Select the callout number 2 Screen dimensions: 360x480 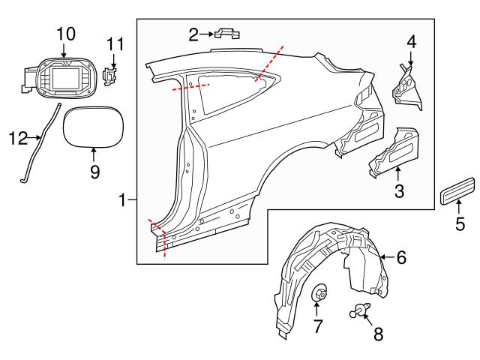tap(193, 34)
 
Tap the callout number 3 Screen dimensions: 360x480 tap(399, 191)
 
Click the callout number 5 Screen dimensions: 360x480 tap(460, 223)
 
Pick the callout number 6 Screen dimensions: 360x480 tap(401, 257)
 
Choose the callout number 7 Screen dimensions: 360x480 tap(317, 326)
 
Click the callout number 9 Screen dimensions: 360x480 tap(94, 171)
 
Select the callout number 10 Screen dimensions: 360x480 tap(65, 33)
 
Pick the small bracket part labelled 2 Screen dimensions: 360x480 tap(227, 33)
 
